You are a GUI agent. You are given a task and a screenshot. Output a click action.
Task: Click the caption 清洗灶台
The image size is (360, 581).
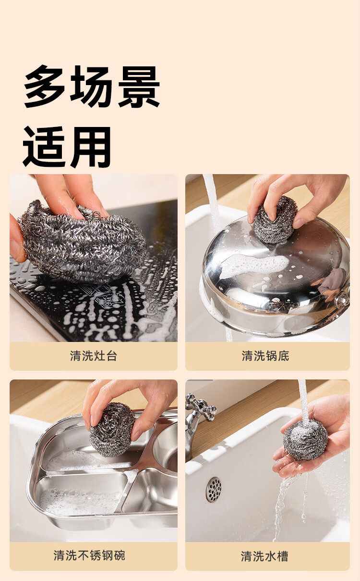(x=94, y=355)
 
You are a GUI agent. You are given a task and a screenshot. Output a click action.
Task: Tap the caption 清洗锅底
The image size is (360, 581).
(x=265, y=355)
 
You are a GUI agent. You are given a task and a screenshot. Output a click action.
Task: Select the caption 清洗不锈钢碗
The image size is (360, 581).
(x=90, y=556)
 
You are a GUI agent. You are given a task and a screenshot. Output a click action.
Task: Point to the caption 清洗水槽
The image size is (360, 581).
(x=264, y=556)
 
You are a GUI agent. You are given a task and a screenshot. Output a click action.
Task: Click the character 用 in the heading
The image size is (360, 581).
(x=91, y=147)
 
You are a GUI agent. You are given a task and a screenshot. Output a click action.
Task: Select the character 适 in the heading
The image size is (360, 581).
(x=44, y=147)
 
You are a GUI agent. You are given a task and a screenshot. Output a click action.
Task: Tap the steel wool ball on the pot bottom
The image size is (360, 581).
(x=276, y=220)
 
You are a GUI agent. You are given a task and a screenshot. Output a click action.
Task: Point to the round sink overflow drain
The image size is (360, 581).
(x=214, y=490)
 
